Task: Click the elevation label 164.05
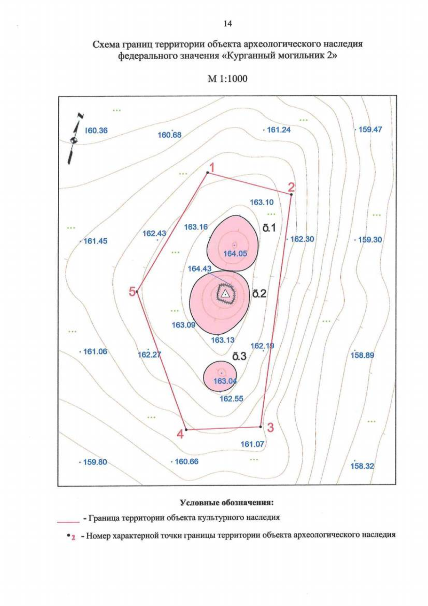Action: pyautogui.click(x=235, y=253)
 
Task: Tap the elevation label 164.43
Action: pyautogui.click(x=199, y=269)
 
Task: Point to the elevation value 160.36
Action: pyautogui.click(x=96, y=131)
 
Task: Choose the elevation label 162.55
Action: pyautogui.click(x=231, y=399)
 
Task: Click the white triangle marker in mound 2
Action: pyautogui.click(x=225, y=294)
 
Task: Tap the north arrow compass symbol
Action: pyautogui.click(x=75, y=139)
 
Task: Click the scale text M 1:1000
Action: pyautogui.click(x=227, y=79)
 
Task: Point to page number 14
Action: pyautogui.click(x=228, y=24)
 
